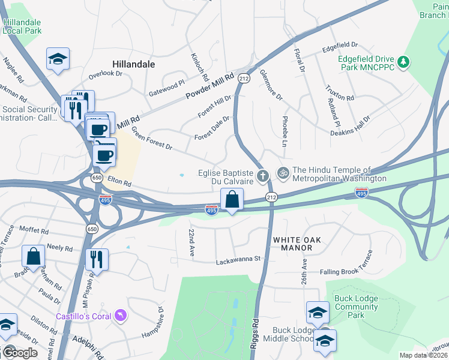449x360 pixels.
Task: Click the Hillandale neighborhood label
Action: pos(133,64)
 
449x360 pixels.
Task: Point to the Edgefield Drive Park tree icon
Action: pos(405,62)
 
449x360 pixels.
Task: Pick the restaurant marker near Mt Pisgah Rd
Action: pos(96,259)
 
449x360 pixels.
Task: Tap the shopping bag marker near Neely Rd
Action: pos(34,256)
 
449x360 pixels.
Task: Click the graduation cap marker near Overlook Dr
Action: pos(58,59)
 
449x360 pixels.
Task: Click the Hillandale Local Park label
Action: pos(22,26)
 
